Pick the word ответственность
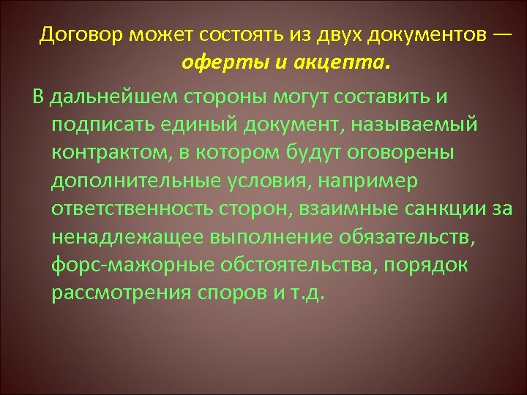click(x=131, y=208)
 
